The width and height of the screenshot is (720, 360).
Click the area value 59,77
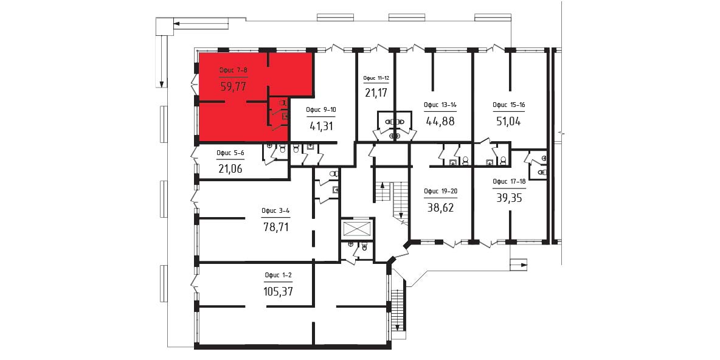[234, 87]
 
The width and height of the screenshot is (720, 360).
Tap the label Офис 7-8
[234, 71]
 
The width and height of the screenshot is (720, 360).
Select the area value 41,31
[322, 126]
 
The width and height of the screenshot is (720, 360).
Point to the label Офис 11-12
[376, 78]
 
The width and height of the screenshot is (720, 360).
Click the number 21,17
[376, 93]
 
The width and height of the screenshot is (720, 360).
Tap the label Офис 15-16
[509, 105]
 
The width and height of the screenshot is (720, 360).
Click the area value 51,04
[509, 121]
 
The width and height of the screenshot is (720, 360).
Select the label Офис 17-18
[509, 181]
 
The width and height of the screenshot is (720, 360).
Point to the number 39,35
[509, 198]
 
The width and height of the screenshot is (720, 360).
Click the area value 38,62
[440, 207]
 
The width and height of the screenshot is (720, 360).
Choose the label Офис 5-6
[230, 153]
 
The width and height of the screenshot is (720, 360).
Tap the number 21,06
[230, 168]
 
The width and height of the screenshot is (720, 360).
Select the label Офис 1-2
[278, 275]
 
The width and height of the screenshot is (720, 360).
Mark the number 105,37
[279, 291]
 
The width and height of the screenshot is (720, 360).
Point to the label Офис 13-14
[440, 105]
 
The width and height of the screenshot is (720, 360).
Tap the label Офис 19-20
[440, 192]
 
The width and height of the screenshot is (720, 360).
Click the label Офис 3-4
[275, 211]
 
